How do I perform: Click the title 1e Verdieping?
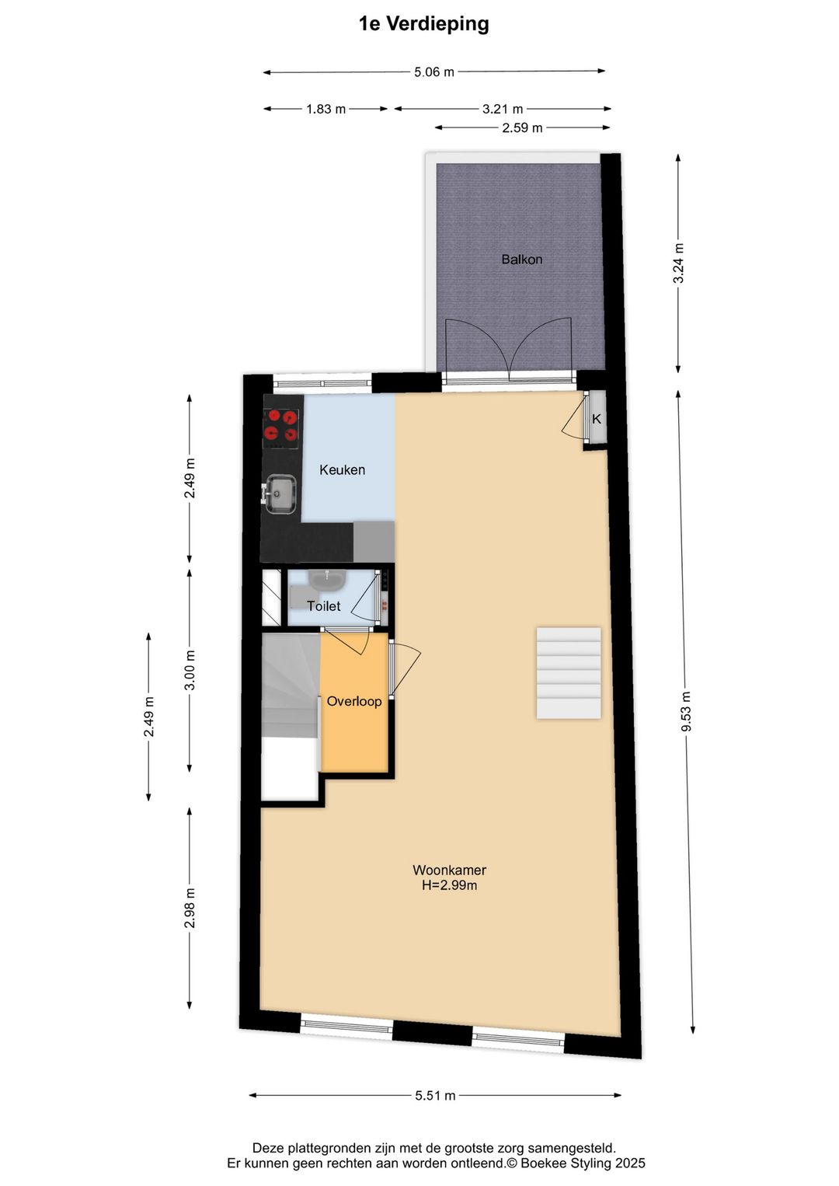(423, 24)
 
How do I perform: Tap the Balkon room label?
(521, 260)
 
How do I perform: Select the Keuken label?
(342, 469)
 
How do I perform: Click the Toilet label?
(323, 606)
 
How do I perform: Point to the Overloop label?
(353, 701)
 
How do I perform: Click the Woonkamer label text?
(449, 870)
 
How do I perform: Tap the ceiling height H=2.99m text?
(449, 885)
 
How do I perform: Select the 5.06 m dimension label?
(433, 72)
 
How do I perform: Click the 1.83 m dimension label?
(326, 109)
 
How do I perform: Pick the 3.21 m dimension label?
(502, 109)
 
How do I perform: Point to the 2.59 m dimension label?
(521, 127)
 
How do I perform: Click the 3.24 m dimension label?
(678, 263)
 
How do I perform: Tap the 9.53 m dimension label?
(686, 711)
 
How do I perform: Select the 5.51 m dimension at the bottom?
(435, 1096)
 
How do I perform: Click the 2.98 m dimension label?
(190, 908)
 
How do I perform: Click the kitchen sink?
(280, 494)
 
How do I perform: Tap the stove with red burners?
(281, 427)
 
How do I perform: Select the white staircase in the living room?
(568, 673)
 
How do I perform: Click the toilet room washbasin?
(327, 579)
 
